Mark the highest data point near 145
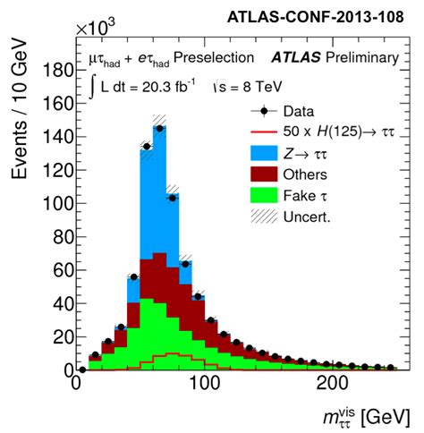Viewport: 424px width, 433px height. (159, 128)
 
